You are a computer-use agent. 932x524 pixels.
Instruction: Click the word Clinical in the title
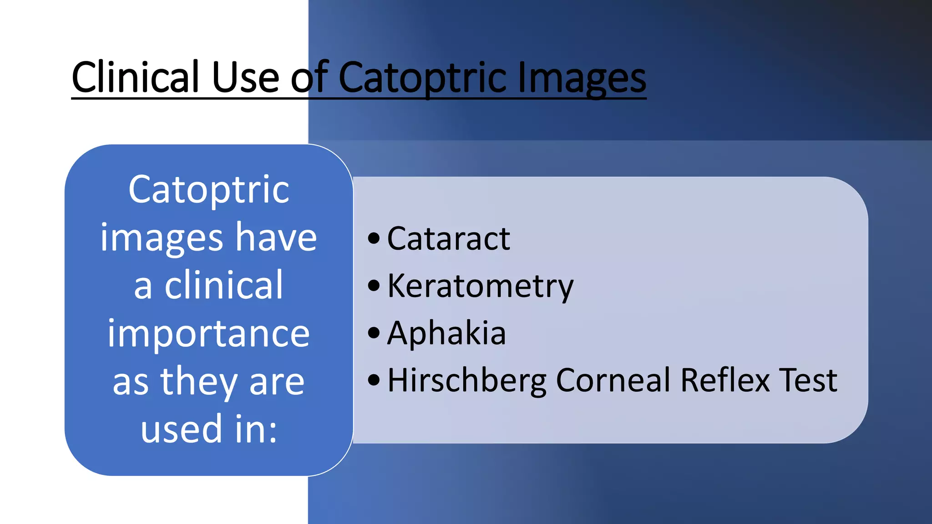(136, 77)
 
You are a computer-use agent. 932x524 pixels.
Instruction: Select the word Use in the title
(245, 77)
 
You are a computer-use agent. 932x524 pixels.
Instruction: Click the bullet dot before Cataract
(374, 238)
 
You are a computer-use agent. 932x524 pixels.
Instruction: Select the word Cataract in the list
(449, 238)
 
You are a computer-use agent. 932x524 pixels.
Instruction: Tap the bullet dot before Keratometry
(374, 286)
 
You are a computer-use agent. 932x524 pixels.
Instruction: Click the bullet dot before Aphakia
(374, 333)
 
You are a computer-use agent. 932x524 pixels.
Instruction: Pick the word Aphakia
(446, 333)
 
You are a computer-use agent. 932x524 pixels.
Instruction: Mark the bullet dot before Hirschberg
(374, 380)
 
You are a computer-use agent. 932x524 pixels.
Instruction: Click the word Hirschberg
(467, 380)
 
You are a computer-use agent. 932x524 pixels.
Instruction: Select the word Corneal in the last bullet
(613, 380)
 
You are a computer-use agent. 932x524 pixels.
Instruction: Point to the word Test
(808, 380)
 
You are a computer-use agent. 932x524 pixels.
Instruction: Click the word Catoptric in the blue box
(209, 190)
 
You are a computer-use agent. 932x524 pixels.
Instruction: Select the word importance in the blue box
(209, 334)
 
